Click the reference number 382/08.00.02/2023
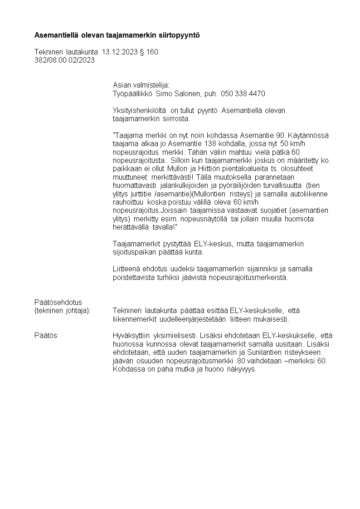pyautogui.click(x=64, y=60)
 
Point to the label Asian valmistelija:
pyautogui.click(x=141, y=85)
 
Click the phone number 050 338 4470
pyautogui.click(x=243, y=93)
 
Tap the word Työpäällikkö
pyautogui.click(x=132, y=93)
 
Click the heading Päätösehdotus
pyautogui.click(x=58, y=302)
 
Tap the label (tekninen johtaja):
pyautogui.click(x=63, y=311)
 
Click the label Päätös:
pyautogui.click(x=47, y=336)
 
